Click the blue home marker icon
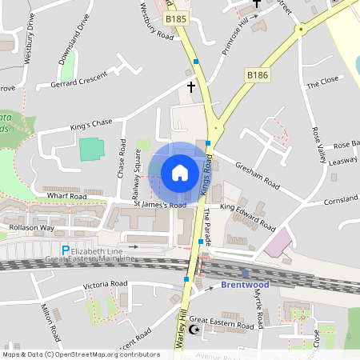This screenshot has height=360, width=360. tap(180, 173)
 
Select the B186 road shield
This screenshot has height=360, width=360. tap(257, 74)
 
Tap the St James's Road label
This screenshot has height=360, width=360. tap(159, 205)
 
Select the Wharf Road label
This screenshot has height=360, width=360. tap(66, 196)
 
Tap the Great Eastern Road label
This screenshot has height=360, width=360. tap(227, 326)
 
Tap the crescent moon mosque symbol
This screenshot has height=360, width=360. tap(192, 329)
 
